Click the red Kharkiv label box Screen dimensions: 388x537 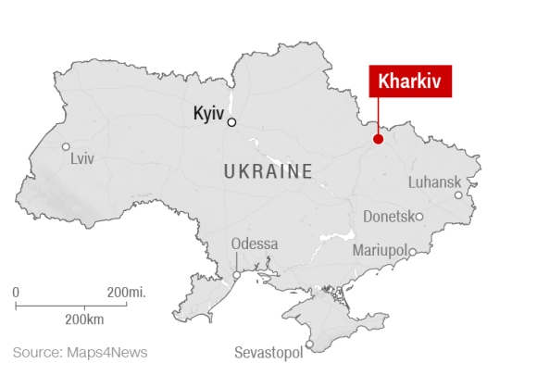pos(411,81)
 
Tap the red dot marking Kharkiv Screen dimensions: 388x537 pos(378,140)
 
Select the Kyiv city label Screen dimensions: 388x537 pos(208,114)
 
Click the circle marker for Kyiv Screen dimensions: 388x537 pos(231,122)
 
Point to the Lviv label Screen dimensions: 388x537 pos(82,159)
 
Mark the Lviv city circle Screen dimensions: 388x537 pos(66,146)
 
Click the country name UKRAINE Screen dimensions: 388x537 pos(268,170)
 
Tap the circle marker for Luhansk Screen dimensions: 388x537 pos(457,195)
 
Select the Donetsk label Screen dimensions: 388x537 pos(388,217)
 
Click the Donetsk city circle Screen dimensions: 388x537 pos(419,217)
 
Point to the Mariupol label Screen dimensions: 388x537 pos(381,251)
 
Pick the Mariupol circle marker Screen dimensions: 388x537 pos(414,251)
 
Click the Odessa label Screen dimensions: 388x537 pos(255,244)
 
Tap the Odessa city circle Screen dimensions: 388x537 pos(237,275)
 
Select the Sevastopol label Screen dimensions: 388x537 pos(269,354)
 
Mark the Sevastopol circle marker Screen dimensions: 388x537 pos(309,345)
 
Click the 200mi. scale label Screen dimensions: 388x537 pos(127,293)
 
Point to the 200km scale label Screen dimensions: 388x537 pos(84,319)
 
